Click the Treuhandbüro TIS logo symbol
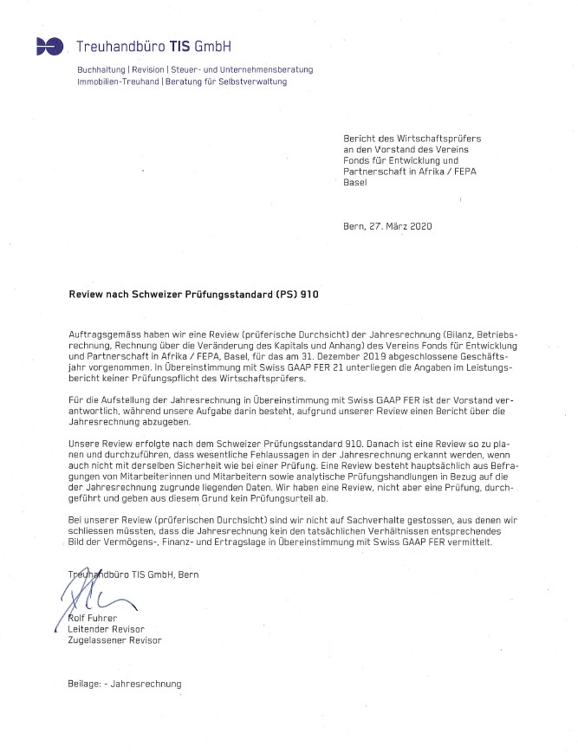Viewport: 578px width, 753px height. (x=49, y=46)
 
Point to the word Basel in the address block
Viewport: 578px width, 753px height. (x=356, y=183)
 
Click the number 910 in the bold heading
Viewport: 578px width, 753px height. (x=308, y=295)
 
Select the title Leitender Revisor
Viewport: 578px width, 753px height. (x=106, y=628)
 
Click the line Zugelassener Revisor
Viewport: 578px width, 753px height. (x=114, y=640)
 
